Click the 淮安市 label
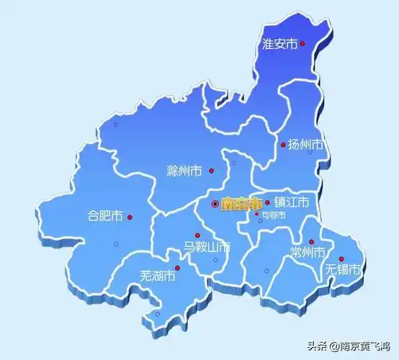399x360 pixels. point(280,45)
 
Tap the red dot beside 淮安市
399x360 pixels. point(302,44)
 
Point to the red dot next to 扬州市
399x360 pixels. point(283,145)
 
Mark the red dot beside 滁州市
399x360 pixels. point(212,171)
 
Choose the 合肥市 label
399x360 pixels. point(104,216)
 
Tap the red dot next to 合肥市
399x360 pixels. point(130,217)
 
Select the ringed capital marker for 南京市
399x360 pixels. point(215,204)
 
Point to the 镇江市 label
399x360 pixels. point(292,202)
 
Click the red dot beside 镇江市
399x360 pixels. point(268,202)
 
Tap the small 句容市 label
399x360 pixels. point(273,215)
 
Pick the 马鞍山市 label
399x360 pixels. point(206,248)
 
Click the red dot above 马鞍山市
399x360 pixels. point(197,235)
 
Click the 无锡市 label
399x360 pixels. point(341,270)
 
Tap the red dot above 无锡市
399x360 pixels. point(341,259)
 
